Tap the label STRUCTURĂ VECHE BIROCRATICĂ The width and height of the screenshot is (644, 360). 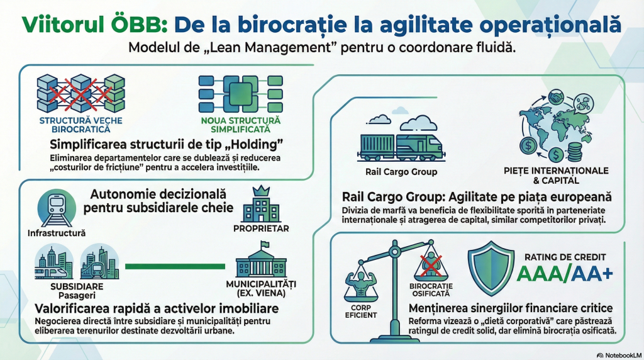point(81,125)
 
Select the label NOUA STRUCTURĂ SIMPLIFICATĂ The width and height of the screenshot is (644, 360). point(241,125)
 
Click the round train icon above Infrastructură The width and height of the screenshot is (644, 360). point(57,208)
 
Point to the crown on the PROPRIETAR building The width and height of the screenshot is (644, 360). point(262,191)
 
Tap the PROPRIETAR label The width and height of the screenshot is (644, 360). point(261,228)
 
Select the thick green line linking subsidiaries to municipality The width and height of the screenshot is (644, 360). point(175,266)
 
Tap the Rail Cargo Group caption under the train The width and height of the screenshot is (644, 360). point(401,172)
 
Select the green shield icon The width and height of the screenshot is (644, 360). point(491,268)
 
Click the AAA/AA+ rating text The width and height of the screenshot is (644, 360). point(564,274)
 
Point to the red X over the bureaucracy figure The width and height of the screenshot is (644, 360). point(431,266)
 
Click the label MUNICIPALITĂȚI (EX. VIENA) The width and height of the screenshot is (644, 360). point(261,288)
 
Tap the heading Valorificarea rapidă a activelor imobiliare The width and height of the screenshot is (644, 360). point(157,308)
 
